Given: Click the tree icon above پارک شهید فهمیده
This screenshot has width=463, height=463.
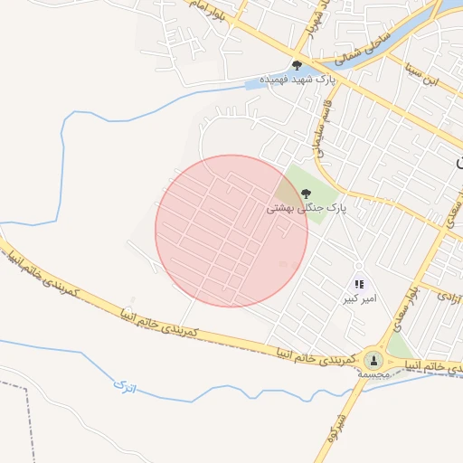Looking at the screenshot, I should (x=297, y=64).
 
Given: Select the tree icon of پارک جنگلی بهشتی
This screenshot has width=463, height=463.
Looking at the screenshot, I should (x=306, y=193).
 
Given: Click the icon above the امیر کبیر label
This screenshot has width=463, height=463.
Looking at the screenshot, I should (x=359, y=284).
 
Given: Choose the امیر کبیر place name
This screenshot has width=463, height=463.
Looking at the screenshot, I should (x=359, y=298).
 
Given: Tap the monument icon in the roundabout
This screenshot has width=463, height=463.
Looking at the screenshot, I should (x=373, y=360).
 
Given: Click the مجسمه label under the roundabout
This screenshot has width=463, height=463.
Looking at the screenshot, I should (x=373, y=373).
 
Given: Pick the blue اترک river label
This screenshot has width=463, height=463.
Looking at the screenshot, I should (x=123, y=386).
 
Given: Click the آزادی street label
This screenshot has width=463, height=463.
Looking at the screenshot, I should (x=447, y=294).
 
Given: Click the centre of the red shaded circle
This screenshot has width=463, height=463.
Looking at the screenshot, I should (x=231, y=231).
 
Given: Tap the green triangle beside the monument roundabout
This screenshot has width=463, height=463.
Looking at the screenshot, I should (x=401, y=348).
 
